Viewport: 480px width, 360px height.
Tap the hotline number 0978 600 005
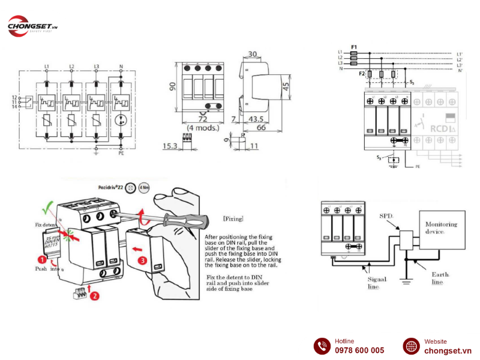359,350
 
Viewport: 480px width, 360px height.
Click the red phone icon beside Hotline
322,346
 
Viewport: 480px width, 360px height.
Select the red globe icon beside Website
411,346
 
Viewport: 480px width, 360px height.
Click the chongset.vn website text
448,350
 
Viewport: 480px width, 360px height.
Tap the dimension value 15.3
170,145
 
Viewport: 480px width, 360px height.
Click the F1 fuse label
354,46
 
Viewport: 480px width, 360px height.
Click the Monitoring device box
442,229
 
